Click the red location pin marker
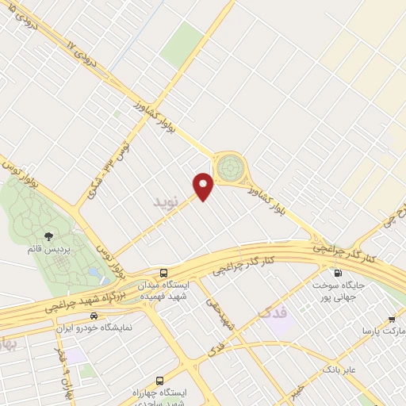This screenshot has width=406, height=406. tap(205, 186)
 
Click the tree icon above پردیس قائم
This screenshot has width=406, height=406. tap(48, 236)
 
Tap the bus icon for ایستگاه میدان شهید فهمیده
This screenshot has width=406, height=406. tap(163, 271)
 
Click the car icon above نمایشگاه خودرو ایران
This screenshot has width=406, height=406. tap(94, 315)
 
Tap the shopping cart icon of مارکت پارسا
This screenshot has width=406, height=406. tap(392, 318)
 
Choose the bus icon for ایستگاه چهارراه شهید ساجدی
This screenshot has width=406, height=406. tap(160, 380)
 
